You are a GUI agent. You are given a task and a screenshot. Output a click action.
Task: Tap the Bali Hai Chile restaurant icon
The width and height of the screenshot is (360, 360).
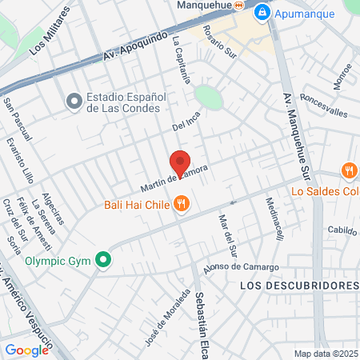pos(182,204)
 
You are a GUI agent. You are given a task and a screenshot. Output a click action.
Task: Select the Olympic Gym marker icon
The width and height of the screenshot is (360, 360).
pos(102,260)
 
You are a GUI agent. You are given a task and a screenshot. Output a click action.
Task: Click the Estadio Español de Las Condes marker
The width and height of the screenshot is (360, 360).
pos(74,102)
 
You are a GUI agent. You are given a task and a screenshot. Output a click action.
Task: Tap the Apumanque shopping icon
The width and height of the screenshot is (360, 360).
pos(262,13)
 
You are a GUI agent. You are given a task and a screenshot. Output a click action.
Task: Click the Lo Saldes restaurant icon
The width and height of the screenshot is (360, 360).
pos(349,171)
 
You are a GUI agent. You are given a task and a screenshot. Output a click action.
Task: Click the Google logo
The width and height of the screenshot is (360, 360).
pos(26,350)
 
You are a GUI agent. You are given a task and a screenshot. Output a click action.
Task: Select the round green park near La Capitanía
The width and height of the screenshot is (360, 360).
pos(208,97)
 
